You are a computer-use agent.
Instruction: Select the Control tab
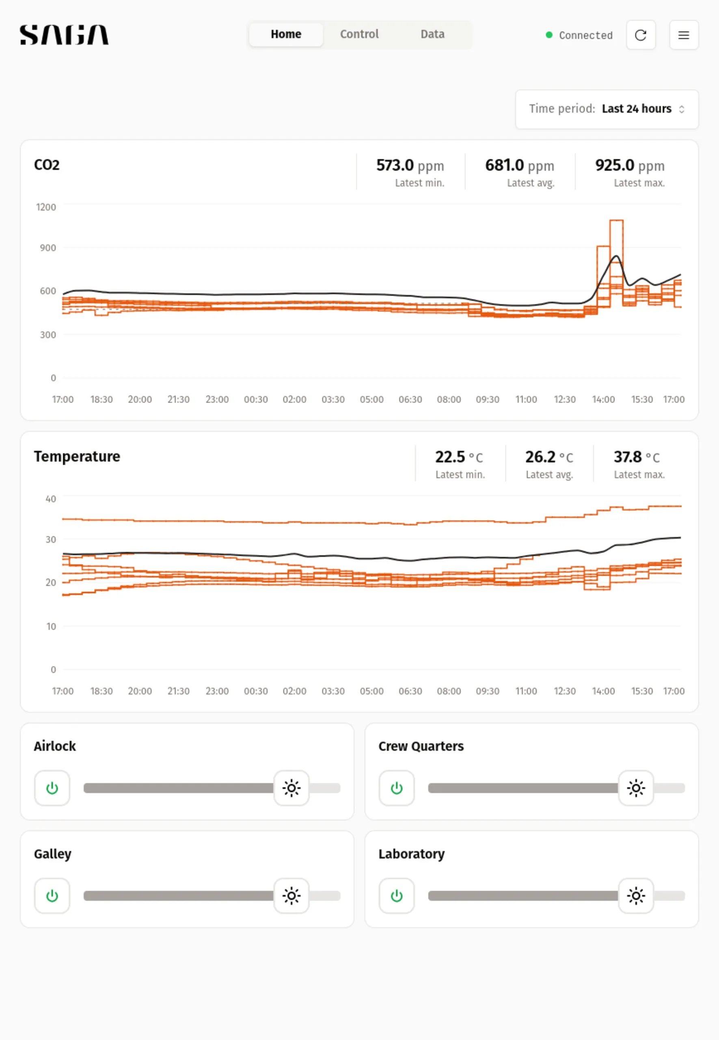point(359,34)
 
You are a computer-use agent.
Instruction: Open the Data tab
point(432,34)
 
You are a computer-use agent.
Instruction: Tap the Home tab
point(286,34)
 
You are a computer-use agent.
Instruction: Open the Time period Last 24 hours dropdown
point(607,109)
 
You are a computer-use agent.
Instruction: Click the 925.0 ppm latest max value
point(629,165)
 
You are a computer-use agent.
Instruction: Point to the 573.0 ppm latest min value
point(410,165)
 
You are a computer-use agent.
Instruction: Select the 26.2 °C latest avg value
point(549,457)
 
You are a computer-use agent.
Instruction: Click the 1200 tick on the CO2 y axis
point(46,207)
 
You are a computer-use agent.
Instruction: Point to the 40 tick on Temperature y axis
point(50,498)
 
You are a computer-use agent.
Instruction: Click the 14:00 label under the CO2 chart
point(603,399)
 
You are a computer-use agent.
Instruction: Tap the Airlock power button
point(52,788)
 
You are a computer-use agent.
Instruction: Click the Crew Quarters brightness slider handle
point(636,788)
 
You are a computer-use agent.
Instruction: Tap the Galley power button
point(52,895)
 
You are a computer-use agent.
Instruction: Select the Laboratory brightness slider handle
point(636,895)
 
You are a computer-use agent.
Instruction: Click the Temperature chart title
point(77,456)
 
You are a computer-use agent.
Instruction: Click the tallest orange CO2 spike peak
point(616,221)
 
